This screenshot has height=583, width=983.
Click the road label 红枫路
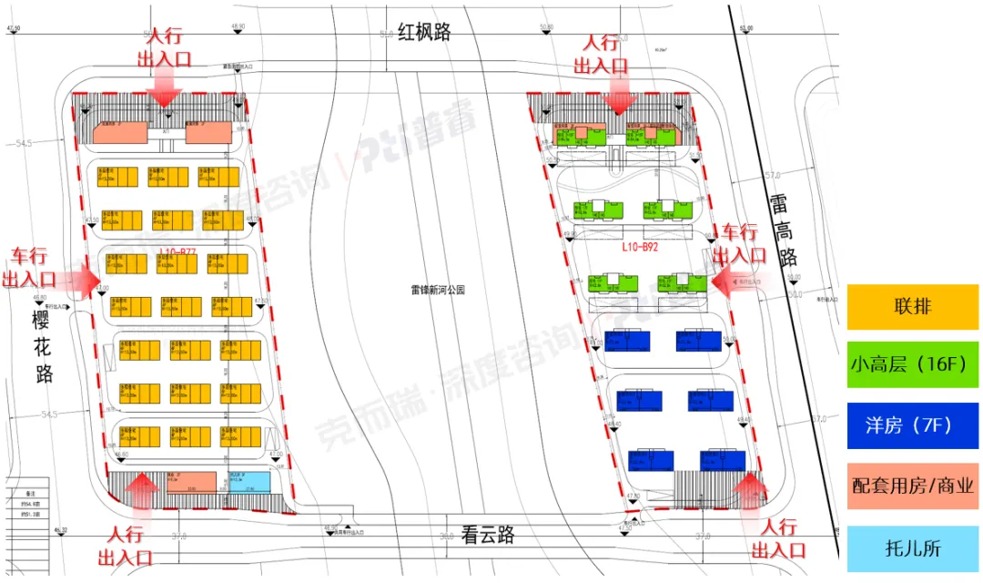(x=426, y=33)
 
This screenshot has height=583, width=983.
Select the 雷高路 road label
(x=782, y=233)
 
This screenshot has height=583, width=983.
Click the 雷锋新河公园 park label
(x=437, y=291)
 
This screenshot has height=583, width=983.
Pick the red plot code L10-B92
(x=641, y=246)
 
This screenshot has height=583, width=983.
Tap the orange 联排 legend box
(x=912, y=307)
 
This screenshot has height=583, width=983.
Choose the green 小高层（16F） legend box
(x=912, y=365)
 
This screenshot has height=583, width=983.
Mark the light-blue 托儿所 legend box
(x=912, y=548)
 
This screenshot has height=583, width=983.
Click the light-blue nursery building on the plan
(x=249, y=482)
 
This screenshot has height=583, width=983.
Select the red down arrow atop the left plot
(x=167, y=90)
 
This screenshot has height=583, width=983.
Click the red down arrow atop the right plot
(x=619, y=97)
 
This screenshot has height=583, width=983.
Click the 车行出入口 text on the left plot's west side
(x=29, y=268)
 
